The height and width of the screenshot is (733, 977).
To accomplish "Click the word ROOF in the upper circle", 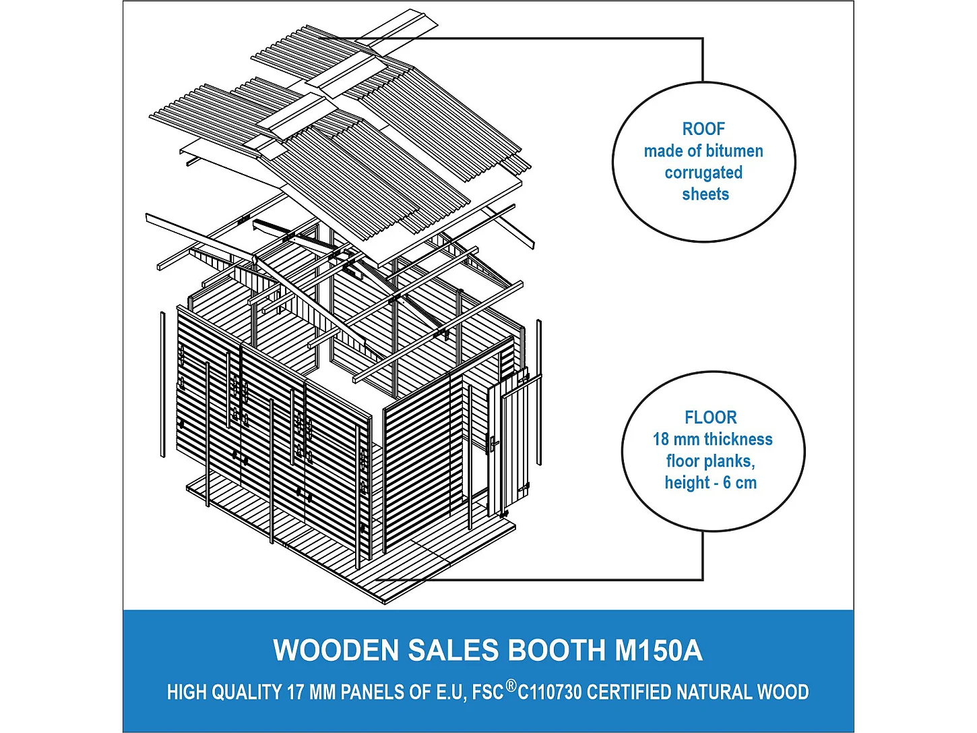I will click(703, 129).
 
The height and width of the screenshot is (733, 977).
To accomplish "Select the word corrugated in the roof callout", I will click(703, 173).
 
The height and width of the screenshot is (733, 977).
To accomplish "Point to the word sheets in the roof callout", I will click(705, 194).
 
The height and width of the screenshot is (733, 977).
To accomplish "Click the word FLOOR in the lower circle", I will click(711, 417).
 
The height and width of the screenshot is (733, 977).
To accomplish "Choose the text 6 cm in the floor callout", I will click(740, 483).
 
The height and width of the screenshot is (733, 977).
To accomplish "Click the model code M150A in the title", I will click(658, 651).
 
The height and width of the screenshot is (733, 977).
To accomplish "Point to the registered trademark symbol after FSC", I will click(511, 686).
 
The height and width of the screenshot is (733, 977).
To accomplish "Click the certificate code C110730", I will click(550, 693).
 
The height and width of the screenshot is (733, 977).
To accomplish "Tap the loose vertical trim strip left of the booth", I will click(162, 384).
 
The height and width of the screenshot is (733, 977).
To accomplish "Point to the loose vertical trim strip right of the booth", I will click(538, 392).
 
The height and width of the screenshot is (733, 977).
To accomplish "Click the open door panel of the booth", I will click(515, 445).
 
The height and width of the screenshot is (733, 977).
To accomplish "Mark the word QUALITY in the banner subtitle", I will click(247, 693).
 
